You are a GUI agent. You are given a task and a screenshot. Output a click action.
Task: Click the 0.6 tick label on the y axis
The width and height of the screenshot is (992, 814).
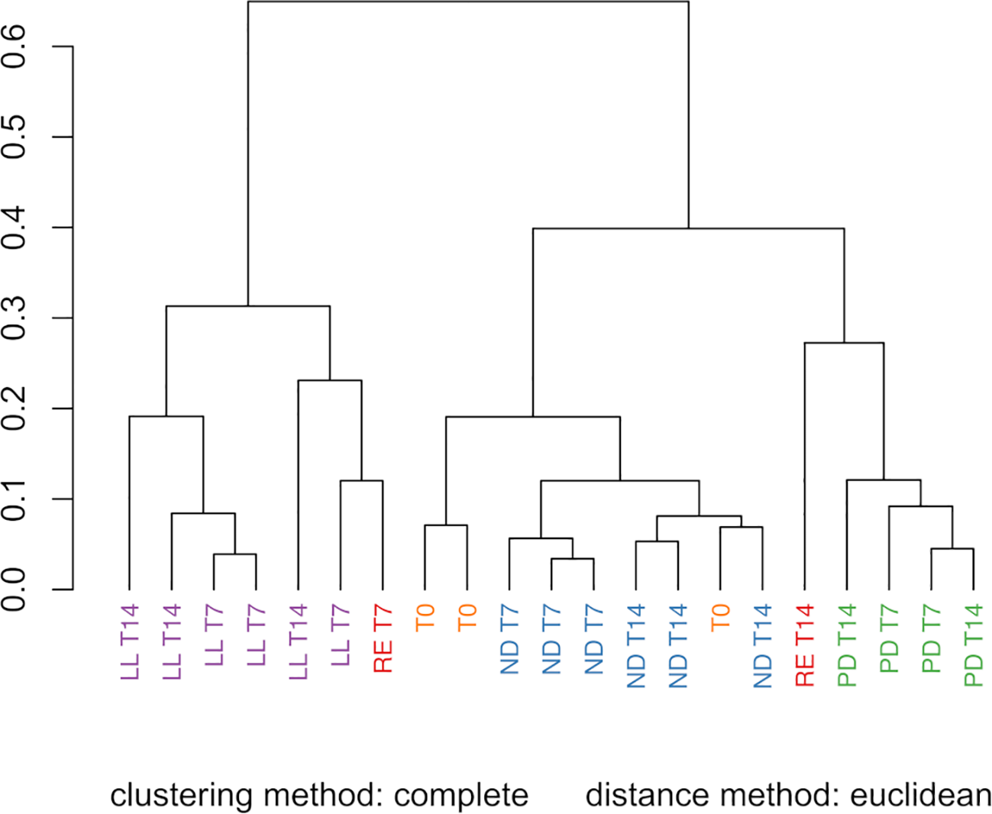pos(15,47)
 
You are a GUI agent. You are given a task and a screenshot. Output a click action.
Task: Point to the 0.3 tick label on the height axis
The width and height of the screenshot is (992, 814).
pos(15,318)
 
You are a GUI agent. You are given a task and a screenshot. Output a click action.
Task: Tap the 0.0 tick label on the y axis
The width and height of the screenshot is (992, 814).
pos(15,590)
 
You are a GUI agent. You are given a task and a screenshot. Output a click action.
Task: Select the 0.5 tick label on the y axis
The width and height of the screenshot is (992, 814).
pos(15,137)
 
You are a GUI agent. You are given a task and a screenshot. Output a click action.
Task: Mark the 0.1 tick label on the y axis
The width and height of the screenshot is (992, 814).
pos(15,499)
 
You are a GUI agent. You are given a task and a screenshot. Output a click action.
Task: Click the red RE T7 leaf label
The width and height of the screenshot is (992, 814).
pos(383,638)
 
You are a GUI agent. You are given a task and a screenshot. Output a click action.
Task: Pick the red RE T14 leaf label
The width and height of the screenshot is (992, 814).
pos(805,645)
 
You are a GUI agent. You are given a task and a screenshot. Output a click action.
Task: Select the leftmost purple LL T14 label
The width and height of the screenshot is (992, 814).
pos(130,642)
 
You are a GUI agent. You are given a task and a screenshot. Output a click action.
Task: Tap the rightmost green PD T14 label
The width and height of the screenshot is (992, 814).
pos(974,645)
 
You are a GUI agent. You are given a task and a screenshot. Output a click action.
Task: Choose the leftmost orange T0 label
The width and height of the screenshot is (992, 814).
pos(425,617)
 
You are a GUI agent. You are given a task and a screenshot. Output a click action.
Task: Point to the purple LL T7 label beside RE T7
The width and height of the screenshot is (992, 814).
pos(341,635)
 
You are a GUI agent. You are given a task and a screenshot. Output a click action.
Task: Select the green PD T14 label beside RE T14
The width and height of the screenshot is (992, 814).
pos(847,645)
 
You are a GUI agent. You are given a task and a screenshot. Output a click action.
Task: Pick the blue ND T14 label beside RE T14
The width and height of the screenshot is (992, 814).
pos(762,645)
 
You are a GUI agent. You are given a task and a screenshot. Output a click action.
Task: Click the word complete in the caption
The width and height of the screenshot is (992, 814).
pos(461,796)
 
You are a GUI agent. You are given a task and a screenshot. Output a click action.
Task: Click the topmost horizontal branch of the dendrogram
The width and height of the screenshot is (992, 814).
pos(468,2)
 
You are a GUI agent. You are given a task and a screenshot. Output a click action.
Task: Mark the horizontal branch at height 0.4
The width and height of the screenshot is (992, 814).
pos(688,228)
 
